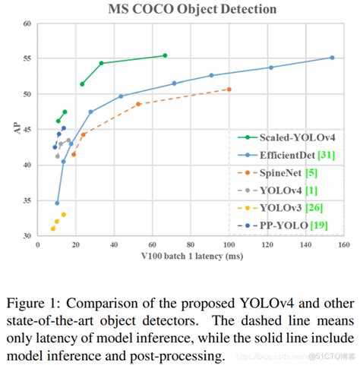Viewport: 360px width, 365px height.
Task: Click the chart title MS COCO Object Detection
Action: [180, 9]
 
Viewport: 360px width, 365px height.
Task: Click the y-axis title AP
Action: [17, 130]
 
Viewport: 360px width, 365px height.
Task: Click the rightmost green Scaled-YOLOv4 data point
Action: [165, 55]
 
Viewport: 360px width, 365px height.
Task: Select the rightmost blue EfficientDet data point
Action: [332, 58]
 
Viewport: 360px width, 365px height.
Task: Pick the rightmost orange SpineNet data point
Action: [229, 90]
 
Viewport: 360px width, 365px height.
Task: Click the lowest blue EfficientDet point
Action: [57, 203]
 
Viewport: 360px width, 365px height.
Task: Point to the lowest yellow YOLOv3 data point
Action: [52, 228]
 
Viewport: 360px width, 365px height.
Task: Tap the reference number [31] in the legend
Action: [327, 155]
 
